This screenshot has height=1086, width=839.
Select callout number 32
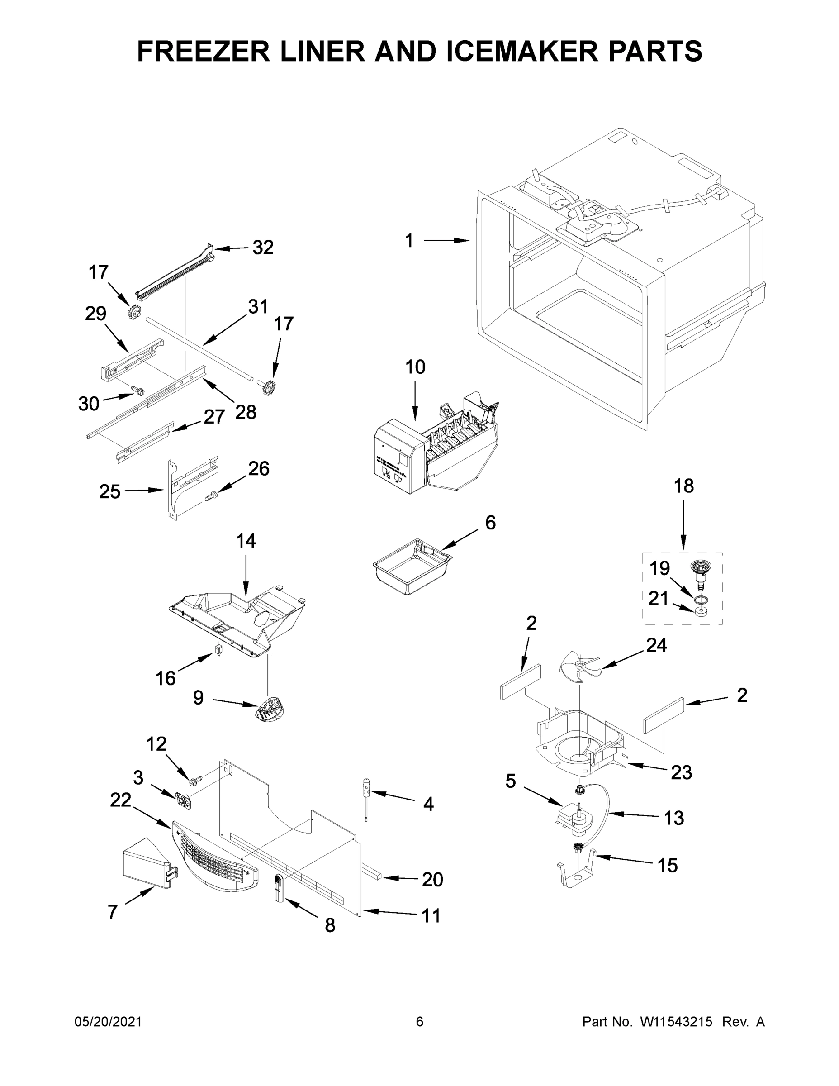[x=263, y=247]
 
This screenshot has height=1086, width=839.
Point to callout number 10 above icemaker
[x=415, y=367]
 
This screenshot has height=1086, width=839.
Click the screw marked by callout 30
[x=139, y=392]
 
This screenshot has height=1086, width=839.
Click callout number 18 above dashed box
[x=683, y=486]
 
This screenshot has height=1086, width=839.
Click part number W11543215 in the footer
[x=676, y=1022]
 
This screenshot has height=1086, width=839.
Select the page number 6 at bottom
[x=420, y=1022]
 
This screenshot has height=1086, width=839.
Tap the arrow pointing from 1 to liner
[x=446, y=241]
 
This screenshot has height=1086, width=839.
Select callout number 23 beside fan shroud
[x=681, y=772]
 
